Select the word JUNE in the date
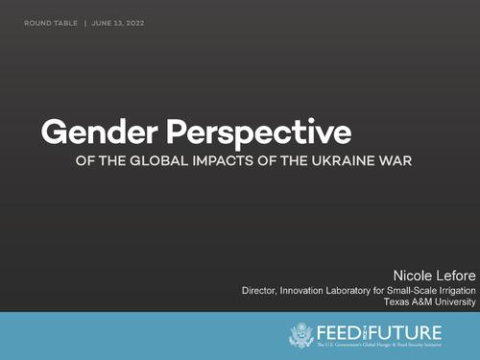coord(104,22)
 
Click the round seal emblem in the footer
coord(301,335)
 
